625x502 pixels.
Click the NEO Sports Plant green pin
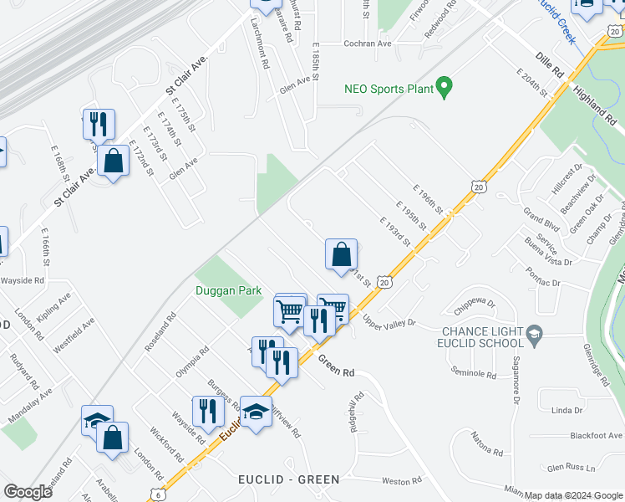[x=445, y=87]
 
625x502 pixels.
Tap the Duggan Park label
[x=228, y=291]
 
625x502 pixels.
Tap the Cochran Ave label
[x=368, y=44]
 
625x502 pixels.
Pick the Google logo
[x=28, y=492]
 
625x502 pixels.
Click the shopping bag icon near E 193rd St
[x=341, y=254]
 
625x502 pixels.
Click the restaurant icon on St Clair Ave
[x=99, y=124]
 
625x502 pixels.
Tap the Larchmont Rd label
[x=265, y=51]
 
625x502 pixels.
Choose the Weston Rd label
[x=402, y=481]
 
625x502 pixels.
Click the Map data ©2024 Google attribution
[x=573, y=495]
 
